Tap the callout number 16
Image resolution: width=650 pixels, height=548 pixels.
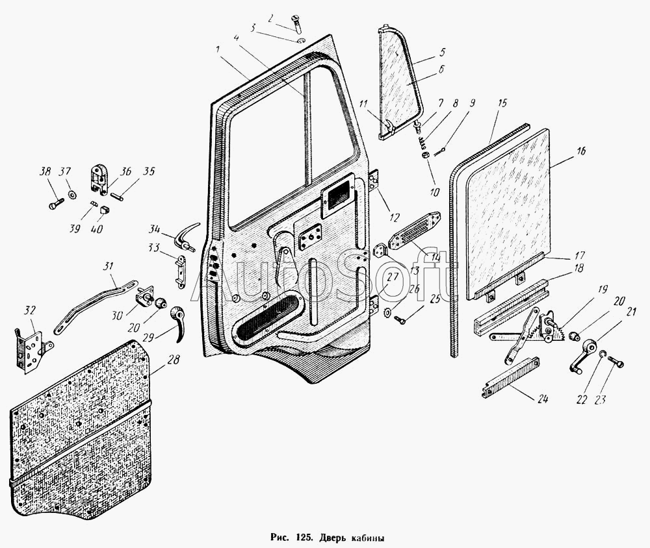click(x=580, y=151)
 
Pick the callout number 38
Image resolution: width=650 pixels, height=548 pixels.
click(x=45, y=173)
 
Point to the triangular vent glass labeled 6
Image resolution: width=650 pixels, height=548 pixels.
click(x=401, y=78)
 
